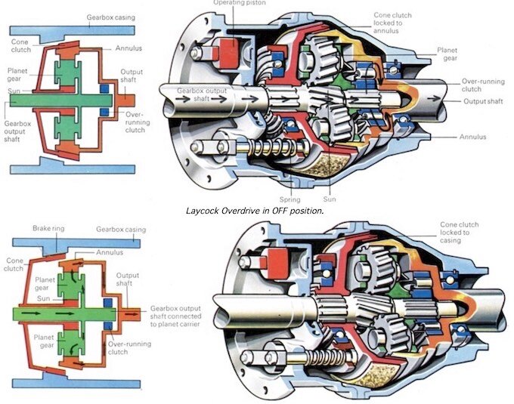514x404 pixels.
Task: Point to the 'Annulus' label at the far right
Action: (x=475, y=137)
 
